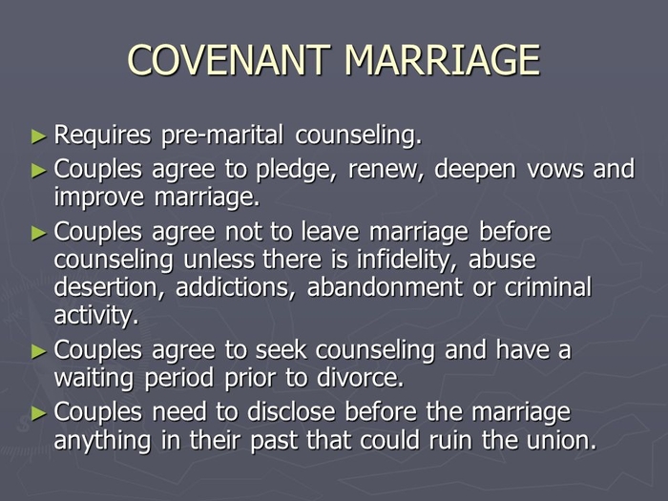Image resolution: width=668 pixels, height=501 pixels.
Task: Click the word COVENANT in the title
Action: tap(229, 60)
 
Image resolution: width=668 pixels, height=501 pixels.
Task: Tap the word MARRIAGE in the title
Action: tap(442, 60)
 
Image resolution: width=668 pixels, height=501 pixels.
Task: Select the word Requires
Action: tap(102, 136)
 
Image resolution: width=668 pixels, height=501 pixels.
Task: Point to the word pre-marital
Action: tap(222, 136)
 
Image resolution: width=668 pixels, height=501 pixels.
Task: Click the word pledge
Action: tap(294, 170)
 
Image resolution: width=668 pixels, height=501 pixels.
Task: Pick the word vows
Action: tap(555, 170)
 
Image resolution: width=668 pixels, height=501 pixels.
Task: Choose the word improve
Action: tap(99, 198)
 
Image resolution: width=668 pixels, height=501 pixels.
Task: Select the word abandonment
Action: tap(385, 286)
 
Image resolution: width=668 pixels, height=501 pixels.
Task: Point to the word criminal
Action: tap(549, 286)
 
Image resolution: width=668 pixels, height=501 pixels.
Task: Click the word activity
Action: tap(96, 316)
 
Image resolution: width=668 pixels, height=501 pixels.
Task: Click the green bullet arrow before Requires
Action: tap(39, 136)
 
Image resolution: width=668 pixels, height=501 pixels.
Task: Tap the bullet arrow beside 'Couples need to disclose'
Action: tap(39, 413)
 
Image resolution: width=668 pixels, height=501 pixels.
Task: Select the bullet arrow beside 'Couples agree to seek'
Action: tap(39, 351)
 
